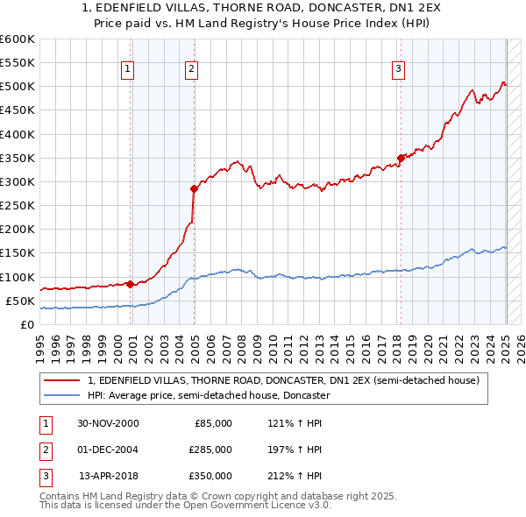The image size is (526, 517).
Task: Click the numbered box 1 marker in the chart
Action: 128,69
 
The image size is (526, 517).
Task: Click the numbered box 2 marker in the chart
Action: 191,69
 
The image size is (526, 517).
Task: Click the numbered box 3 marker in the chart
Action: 398,69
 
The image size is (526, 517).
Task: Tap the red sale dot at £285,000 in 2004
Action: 194,188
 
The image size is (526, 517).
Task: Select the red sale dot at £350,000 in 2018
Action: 401,158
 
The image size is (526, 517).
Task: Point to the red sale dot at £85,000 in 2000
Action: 131,284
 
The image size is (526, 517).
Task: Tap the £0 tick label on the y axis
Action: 26,324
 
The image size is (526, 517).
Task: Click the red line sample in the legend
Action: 61,381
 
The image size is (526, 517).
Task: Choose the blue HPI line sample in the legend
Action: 61,396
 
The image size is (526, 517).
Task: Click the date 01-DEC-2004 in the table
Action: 109,450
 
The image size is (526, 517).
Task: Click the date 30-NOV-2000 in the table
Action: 109,423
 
